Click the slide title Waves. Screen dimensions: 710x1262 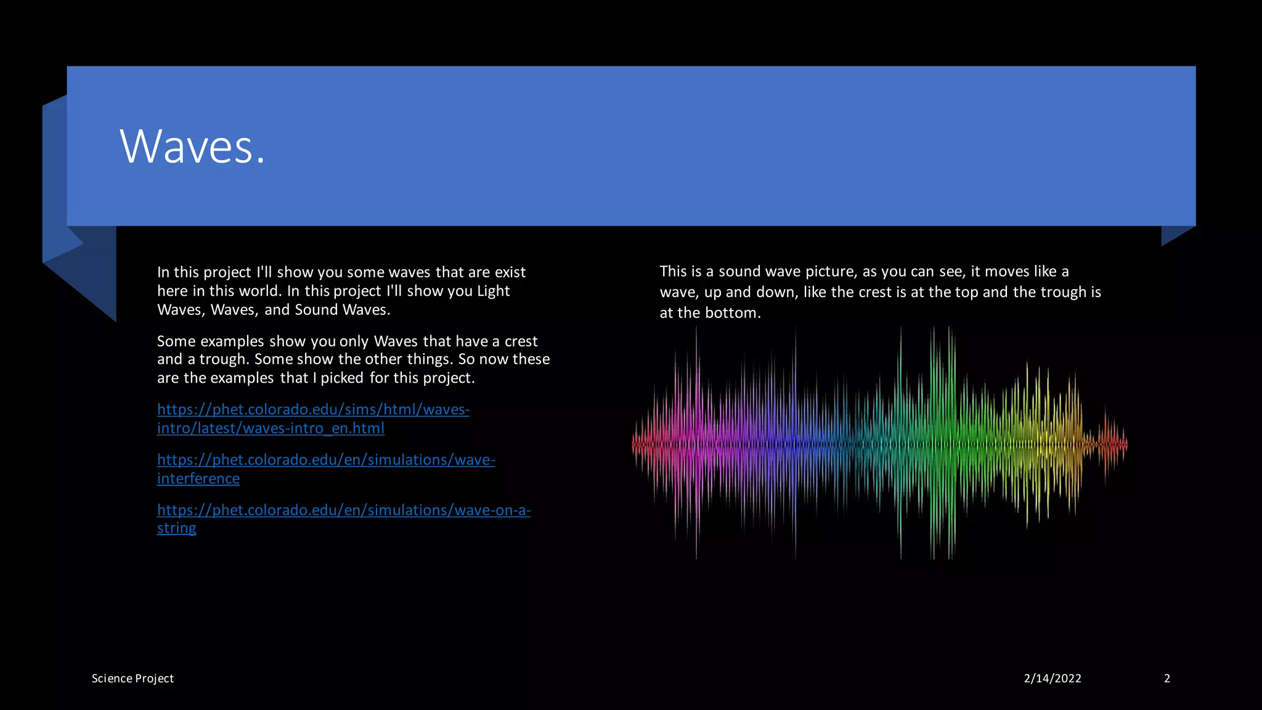click(192, 147)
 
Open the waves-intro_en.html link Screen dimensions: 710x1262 click(313, 418)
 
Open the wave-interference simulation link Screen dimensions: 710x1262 click(326, 468)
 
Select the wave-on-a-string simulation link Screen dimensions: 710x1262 click(343, 518)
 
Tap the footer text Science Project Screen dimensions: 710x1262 click(132, 679)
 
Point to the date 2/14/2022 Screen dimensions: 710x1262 click(1052, 679)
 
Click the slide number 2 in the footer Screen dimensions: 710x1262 click(1166, 679)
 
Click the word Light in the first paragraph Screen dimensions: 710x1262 click(494, 291)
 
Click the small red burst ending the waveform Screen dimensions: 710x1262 click(1112, 443)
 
